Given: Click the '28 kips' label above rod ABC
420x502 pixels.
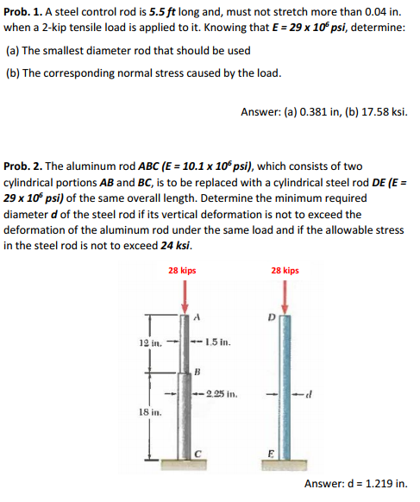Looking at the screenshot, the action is tap(181, 271).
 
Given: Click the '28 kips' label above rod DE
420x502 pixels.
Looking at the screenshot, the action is tap(285, 271).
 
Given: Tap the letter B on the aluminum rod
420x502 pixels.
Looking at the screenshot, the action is tap(197, 372).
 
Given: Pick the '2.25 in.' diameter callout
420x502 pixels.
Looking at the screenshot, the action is tap(223, 395).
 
